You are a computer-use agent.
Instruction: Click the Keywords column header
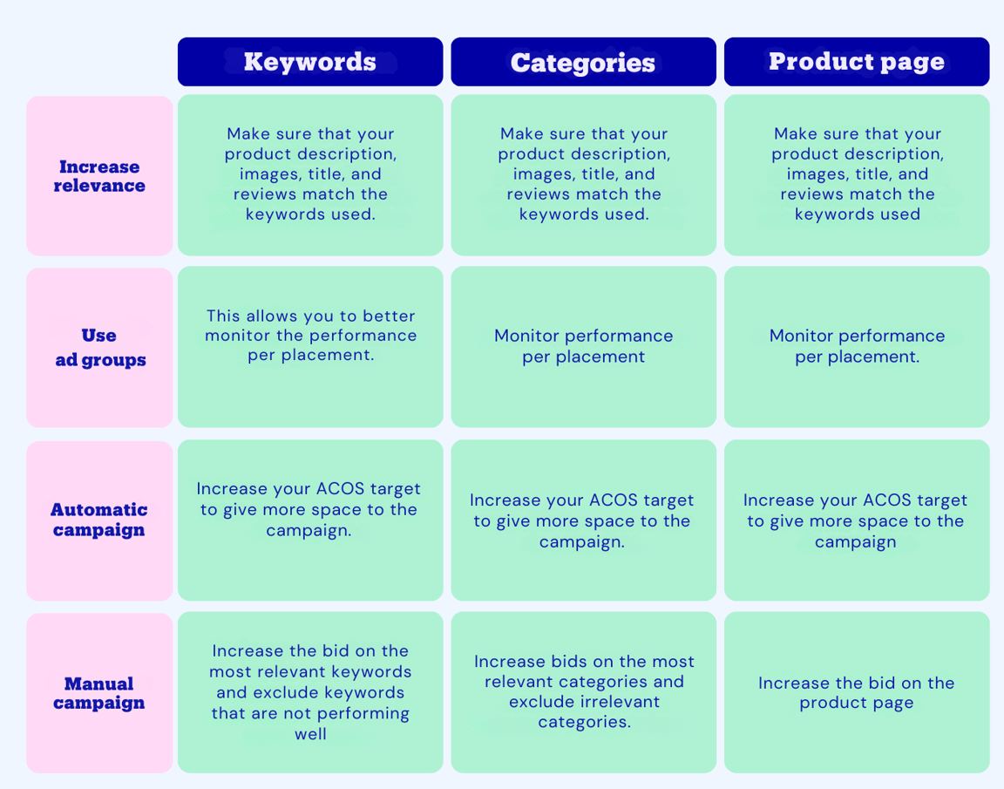(310, 62)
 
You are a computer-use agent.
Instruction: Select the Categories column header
(583, 62)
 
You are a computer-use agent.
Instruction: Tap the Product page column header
(857, 62)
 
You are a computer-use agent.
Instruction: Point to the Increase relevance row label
(99, 176)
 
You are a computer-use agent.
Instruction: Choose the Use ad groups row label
(99, 348)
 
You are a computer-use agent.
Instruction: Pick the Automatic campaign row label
(99, 520)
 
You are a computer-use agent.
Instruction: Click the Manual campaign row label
(99, 693)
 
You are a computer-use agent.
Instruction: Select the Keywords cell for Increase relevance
(310, 175)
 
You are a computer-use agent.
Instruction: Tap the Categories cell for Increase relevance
(583, 175)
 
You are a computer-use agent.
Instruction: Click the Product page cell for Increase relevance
(857, 175)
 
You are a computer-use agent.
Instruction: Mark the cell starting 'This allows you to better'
(310, 346)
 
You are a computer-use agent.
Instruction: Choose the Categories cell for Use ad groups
(583, 346)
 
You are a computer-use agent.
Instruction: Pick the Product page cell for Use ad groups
(857, 346)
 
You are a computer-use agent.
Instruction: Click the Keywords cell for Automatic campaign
(310, 520)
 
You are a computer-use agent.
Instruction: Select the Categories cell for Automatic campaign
(583, 520)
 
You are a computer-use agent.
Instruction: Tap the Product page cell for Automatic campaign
(857, 520)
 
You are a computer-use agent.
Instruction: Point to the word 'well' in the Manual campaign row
(310, 734)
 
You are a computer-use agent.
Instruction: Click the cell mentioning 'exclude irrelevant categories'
(583, 692)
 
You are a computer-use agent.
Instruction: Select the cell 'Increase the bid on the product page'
(857, 692)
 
